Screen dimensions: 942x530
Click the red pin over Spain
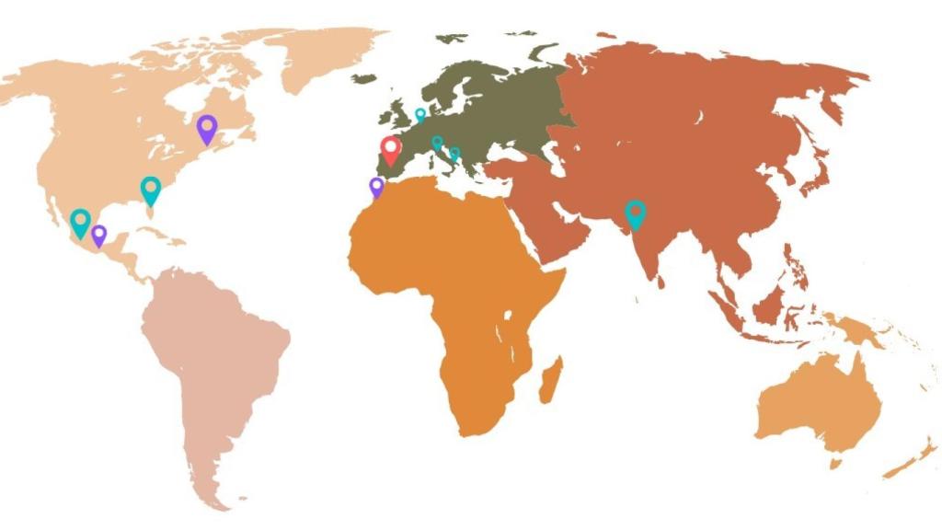pos(391,148)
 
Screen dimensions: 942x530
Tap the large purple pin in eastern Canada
pos(207,127)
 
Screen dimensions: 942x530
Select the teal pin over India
pos(635,213)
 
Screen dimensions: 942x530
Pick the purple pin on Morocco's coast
pos(376,186)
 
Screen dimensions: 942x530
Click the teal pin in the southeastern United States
pos(151,189)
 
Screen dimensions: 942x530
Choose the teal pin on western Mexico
pos(81,221)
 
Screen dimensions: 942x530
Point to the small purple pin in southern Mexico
pos(99,234)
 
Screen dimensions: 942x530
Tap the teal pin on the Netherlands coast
pos(420,114)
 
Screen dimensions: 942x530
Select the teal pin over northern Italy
pos(437,143)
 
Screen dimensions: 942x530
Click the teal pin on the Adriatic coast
pos(454,154)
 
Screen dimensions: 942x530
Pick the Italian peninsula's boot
pos(448,159)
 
